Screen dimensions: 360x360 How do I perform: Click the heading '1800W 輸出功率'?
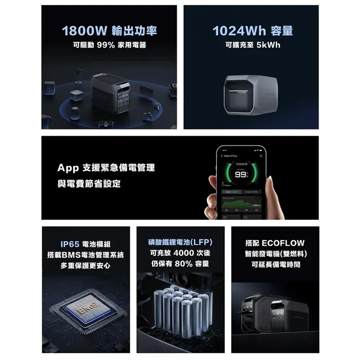[110, 31]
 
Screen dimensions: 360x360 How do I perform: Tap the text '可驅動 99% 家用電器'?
[110, 45]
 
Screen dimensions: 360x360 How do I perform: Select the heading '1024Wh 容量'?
[253, 31]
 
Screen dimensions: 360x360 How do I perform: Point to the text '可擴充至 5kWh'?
[253, 45]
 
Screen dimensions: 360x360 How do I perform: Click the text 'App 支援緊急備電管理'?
[106, 168]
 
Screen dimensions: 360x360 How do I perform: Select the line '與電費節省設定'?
[89, 184]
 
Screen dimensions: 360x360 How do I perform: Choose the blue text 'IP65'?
[71, 244]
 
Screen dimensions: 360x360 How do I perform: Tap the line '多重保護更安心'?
[86, 266]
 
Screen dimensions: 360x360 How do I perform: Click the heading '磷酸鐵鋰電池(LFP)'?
[180, 242]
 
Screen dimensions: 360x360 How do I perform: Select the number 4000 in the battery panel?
[183, 253]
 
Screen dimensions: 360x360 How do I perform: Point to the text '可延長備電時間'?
[276, 265]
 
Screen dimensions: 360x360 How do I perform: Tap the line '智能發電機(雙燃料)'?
[276, 254]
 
